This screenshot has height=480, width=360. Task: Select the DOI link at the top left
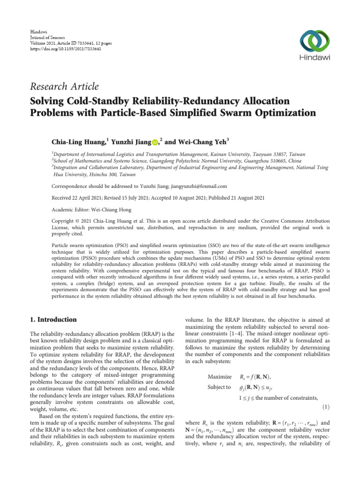(66, 48)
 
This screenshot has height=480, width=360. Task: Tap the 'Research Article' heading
(64, 86)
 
